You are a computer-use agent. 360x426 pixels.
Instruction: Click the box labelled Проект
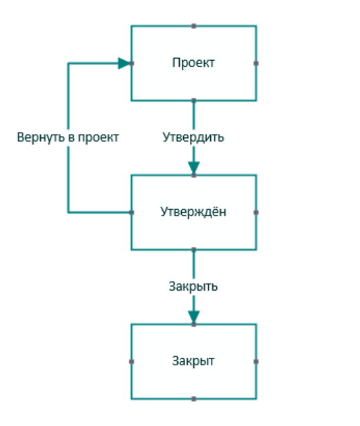click(193, 63)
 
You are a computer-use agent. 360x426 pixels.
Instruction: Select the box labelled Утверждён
click(193, 212)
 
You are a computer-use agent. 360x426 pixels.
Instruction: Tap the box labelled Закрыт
click(193, 361)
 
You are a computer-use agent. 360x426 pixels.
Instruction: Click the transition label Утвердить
click(193, 137)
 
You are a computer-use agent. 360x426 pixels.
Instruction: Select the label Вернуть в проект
click(68, 137)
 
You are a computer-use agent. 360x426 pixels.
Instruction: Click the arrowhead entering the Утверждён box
click(193, 168)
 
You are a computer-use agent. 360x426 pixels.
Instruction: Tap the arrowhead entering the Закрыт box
click(193, 317)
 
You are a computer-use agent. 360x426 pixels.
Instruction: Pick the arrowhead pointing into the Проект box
click(124, 64)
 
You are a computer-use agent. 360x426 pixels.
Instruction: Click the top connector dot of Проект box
click(193, 26)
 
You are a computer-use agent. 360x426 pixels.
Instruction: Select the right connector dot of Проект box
click(256, 64)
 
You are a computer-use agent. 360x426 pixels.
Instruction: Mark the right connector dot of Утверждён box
click(256, 212)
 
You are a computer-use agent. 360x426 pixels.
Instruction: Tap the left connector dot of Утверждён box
click(131, 212)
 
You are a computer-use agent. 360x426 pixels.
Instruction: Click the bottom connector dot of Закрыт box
click(193, 398)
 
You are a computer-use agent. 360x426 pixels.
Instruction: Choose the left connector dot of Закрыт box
click(131, 361)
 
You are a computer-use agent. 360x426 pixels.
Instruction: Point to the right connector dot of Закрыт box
click(256, 361)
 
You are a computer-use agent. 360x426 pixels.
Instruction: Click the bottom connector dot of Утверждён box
click(193, 249)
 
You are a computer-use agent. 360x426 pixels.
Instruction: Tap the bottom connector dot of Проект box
click(193, 101)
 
